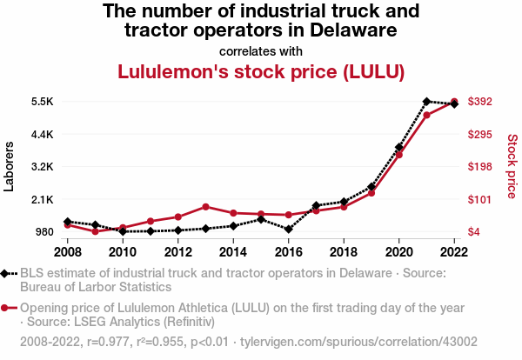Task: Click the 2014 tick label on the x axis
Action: tap(233, 251)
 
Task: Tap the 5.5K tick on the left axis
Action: tap(42, 101)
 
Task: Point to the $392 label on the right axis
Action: tap(480, 101)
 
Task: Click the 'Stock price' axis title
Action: tap(512, 165)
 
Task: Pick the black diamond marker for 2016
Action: tap(288, 230)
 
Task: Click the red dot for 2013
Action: tap(205, 207)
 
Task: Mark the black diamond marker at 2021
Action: tap(426, 102)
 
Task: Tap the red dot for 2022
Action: tap(454, 102)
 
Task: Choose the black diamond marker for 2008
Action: tap(67, 222)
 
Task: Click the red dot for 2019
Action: tap(371, 193)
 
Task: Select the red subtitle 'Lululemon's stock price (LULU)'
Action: tap(261, 71)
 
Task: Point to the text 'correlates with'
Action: tap(261, 50)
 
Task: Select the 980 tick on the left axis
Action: tap(43, 232)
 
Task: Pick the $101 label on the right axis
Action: tap(480, 199)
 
